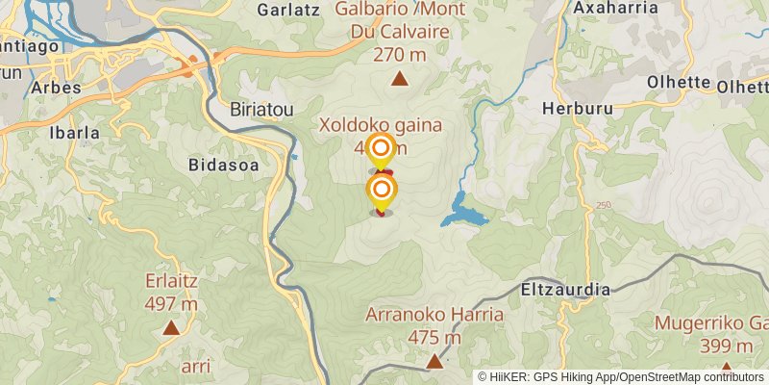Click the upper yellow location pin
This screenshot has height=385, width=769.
382,148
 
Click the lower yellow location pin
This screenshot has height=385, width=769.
382,189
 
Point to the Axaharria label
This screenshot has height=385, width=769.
614,8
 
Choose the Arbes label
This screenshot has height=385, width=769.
56,88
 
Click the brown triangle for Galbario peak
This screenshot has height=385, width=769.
399,79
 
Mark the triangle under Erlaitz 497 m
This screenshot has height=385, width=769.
171,328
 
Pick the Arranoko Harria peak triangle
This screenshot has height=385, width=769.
434,362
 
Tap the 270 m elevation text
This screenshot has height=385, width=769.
399,55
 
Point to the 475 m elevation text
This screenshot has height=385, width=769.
434,338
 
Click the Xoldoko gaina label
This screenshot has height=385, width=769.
380,125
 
